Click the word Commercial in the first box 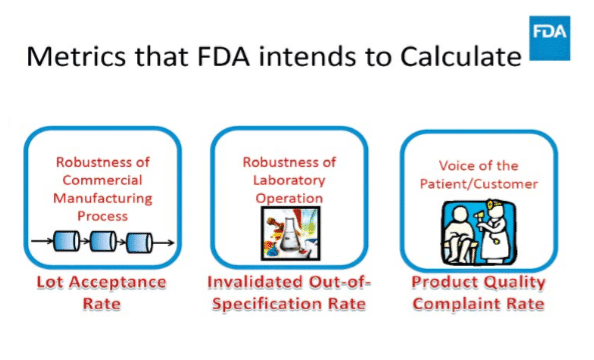click(x=102, y=181)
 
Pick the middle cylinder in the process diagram click(x=103, y=241)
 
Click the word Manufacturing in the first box click(x=102, y=198)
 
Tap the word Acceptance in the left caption click(x=116, y=282)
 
